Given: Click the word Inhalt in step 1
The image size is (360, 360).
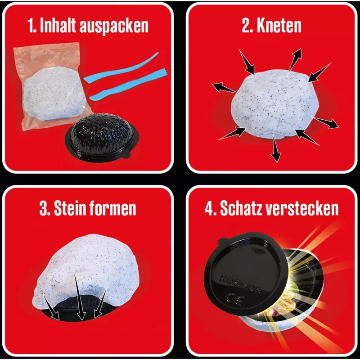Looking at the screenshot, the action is pyautogui.click(x=58, y=25).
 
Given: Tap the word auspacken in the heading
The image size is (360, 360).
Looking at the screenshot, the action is pyautogui.click(x=114, y=27).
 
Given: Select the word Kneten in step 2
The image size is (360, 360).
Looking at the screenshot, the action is pyautogui.click(x=279, y=25).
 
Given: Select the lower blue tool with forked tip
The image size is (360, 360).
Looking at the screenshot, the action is pyautogui.click(x=127, y=85).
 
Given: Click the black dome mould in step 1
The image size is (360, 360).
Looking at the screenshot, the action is pyautogui.click(x=102, y=137).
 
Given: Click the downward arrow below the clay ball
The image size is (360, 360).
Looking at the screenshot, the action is pyautogui.click(x=275, y=148).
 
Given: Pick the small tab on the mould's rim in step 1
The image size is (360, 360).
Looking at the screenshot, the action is pyautogui.click(x=126, y=155).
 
